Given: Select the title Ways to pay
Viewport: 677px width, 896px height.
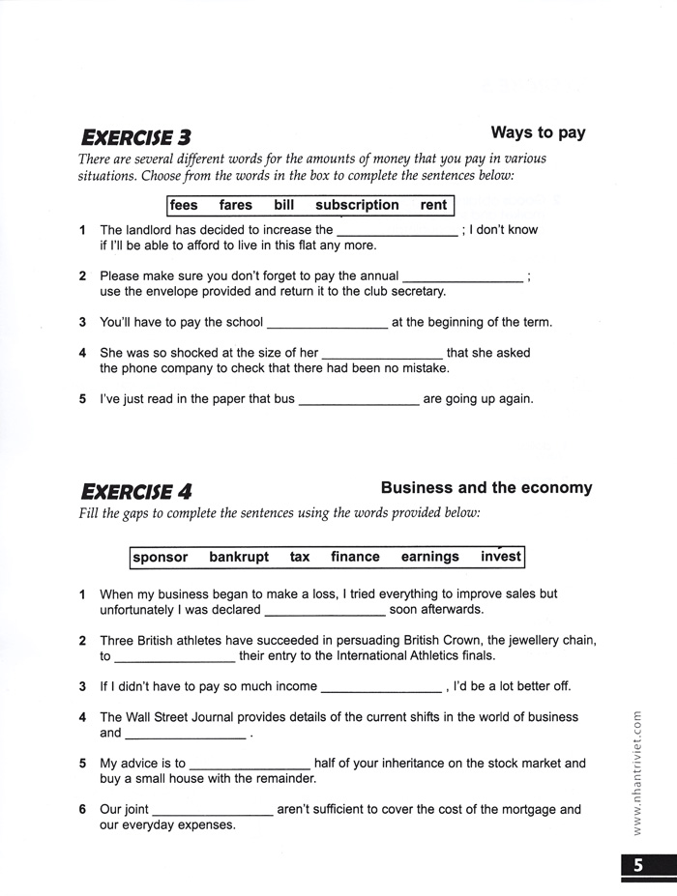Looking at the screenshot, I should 538,133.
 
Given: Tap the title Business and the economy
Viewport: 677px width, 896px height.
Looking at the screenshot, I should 486,488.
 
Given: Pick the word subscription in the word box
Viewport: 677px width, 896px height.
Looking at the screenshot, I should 357,205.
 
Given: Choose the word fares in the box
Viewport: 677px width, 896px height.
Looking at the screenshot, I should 235,205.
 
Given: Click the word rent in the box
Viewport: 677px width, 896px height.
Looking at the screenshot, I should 433,205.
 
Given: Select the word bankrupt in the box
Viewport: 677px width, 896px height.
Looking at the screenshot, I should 239,557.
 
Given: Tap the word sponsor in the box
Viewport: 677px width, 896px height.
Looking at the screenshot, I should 161,557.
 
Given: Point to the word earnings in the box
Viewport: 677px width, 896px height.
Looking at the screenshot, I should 430,557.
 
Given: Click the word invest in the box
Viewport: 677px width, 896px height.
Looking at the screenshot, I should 501,557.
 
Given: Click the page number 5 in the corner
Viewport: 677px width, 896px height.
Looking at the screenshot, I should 638,866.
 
